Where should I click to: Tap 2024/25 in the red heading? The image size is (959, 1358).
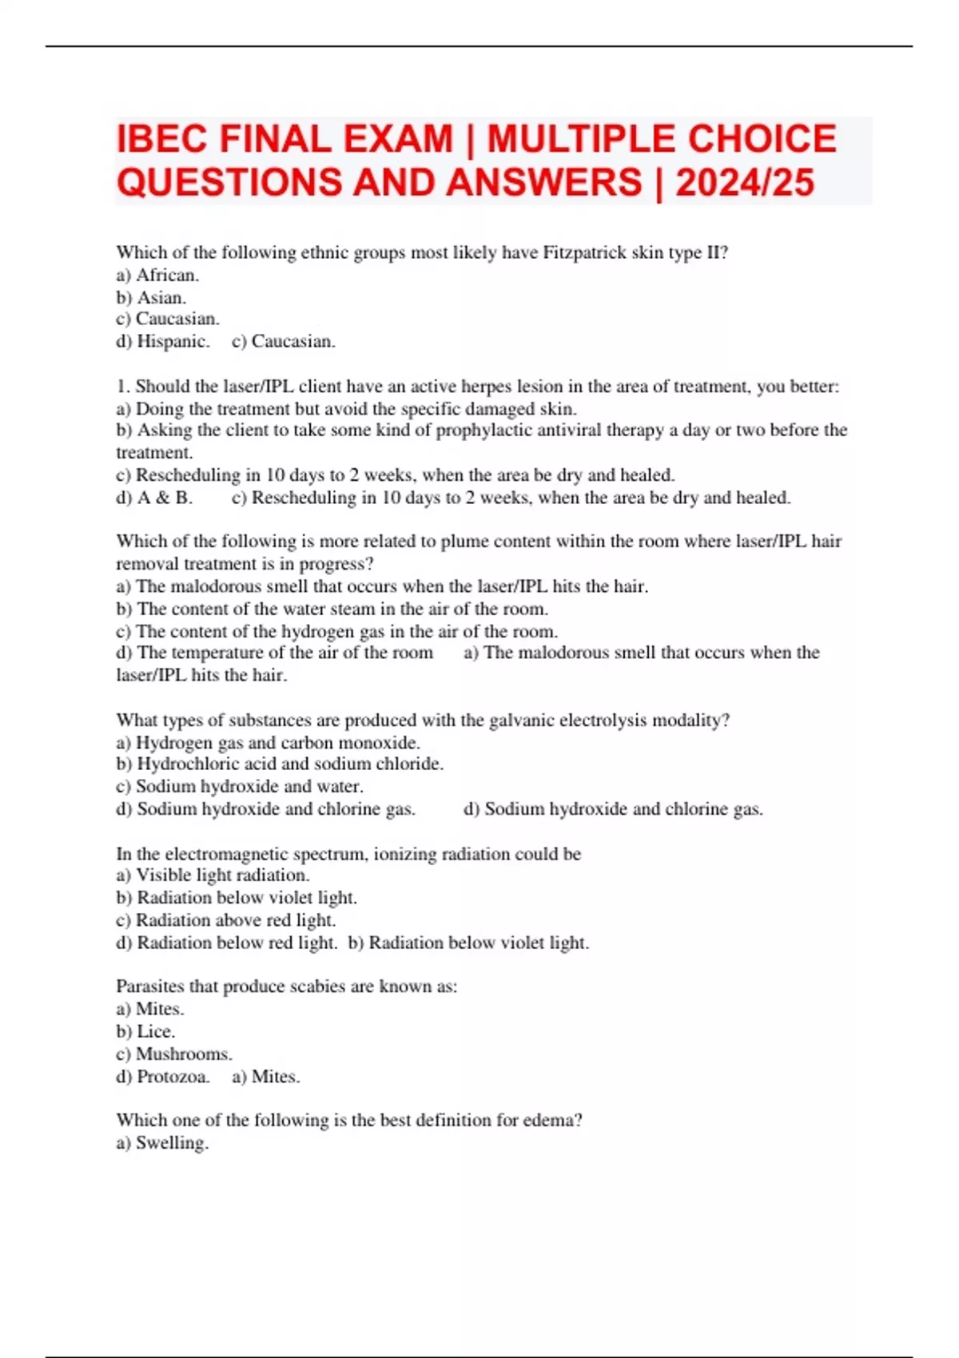745,183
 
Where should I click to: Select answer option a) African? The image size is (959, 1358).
157,276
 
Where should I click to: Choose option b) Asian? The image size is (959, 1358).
151,298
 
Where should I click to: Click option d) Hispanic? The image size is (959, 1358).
163,342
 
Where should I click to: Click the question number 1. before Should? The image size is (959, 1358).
123,387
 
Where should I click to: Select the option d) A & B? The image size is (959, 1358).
154,498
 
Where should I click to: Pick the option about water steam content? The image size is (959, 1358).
332,609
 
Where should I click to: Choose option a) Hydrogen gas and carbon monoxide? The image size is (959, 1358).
268,743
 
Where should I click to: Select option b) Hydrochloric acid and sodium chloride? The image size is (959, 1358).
280,764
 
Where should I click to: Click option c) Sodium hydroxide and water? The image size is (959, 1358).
240,787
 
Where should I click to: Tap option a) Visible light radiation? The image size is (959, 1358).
213,876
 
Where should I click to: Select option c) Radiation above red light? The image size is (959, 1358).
226,920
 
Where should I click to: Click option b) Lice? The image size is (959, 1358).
145,1032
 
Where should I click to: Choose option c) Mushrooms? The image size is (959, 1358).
174,1054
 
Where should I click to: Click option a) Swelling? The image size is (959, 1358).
162,1143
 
